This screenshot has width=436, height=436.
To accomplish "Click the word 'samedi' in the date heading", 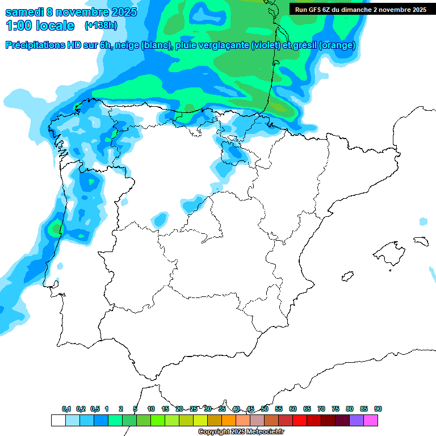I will [x=24, y=12].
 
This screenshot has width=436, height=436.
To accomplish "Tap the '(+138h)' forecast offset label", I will [x=100, y=26].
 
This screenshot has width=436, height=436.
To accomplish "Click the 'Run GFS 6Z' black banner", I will [x=361, y=10].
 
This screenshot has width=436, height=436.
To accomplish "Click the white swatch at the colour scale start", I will [x=58, y=420].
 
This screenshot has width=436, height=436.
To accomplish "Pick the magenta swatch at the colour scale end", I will [x=371, y=420].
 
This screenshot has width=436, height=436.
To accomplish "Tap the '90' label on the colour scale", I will [x=378, y=409].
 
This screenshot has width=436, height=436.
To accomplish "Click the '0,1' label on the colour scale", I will [x=66, y=409].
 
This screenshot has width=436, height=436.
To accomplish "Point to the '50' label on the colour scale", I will [x=265, y=409].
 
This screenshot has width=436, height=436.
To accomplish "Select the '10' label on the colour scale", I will [x=151, y=409].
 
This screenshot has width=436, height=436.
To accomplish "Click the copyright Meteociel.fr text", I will [x=241, y=432].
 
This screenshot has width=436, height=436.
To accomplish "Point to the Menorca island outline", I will [x=420, y=240].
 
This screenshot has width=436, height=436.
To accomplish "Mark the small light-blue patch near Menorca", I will [x=423, y=221].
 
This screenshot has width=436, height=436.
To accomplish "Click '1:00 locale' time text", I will [x=40, y=26].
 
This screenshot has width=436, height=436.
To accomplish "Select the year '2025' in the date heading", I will [x=121, y=12].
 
